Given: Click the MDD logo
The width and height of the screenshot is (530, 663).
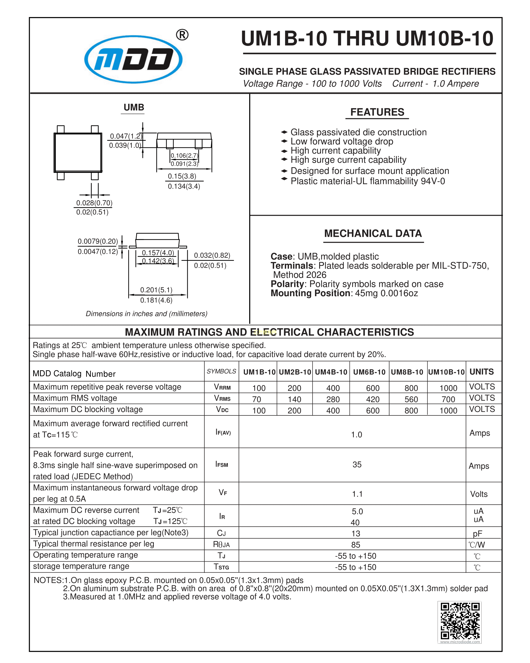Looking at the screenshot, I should pyautogui.click(x=133, y=59).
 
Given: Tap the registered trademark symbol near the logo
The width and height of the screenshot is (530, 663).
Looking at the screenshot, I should pyautogui.click(x=182, y=35).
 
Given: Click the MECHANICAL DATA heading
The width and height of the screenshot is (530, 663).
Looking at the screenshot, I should pyautogui.click(x=373, y=233).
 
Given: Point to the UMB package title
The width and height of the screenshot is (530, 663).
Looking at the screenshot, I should pyautogui.click(x=134, y=107).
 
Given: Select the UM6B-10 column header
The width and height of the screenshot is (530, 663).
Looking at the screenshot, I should pyautogui.click(x=369, y=372).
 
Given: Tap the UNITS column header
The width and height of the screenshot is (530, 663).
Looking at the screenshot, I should pyautogui.click(x=481, y=372).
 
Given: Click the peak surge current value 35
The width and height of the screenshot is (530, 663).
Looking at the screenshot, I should pyautogui.click(x=357, y=464).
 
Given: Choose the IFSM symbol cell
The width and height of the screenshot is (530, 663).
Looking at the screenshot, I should pyautogui.click(x=221, y=464).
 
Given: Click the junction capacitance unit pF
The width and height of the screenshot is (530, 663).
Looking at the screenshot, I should pyautogui.click(x=478, y=533).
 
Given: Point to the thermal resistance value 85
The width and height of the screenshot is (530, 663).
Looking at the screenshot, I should pyautogui.click(x=355, y=545).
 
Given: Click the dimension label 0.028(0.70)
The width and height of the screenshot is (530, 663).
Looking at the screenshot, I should pyautogui.click(x=94, y=203).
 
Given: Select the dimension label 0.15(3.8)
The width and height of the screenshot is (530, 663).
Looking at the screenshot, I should pyautogui.click(x=182, y=176).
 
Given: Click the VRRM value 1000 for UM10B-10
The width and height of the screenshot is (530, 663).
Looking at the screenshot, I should pyautogui.click(x=448, y=388).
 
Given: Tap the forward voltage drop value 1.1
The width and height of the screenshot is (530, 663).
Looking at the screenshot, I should pyautogui.click(x=357, y=494).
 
